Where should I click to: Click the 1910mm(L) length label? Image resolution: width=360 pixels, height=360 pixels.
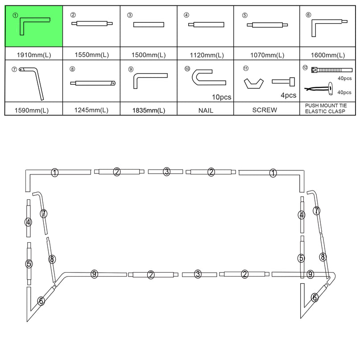pyautogui.click(x=33, y=55)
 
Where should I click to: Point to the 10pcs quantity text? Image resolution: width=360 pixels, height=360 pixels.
pyautogui.click(x=221, y=96)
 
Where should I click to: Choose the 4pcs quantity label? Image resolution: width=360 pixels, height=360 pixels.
pyautogui.click(x=288, y=95)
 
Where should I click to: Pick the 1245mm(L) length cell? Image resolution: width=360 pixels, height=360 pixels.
pyautogui.click(x=91, y=110)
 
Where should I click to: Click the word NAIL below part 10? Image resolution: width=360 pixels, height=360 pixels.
pyautogui.click(x=205, y=110)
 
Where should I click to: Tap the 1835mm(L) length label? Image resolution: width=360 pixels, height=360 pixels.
pyautogui.click(x=149, y=110)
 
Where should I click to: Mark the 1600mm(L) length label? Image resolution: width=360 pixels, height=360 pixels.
pyautogui.click(x=328, y=55)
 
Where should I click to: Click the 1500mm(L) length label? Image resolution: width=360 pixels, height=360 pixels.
pyautogui.click(x=149, y=55)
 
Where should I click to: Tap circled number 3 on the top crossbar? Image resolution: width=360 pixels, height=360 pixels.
pyautogui.click(x=166, y=171)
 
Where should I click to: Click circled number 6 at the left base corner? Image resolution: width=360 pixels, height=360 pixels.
pyautogui.click(x=41, y=301)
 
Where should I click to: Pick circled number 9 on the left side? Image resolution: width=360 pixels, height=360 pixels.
pyautogui.click(x=94, y=274)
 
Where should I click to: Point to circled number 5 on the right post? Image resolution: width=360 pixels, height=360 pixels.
pyautogui.click(x=302, y=258)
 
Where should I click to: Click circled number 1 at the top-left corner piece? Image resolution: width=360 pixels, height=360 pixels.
pyautogui.click(x=55, y=173)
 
